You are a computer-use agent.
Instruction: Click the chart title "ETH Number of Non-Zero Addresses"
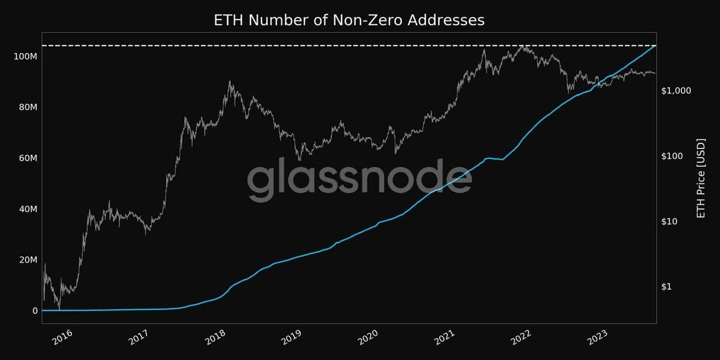349,20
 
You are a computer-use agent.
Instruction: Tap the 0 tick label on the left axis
35,311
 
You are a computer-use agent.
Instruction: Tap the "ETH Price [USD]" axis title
701,178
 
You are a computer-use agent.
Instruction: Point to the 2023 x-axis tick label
598,337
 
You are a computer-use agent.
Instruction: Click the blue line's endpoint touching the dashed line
655,46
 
